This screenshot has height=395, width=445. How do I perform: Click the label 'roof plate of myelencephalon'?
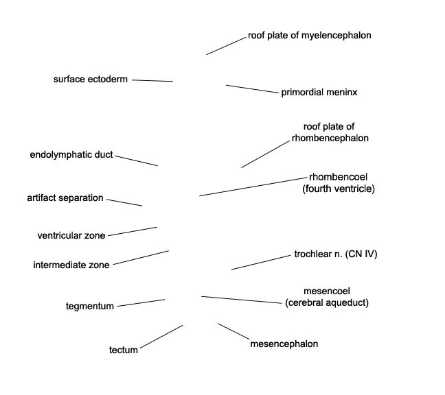tap(309, 36)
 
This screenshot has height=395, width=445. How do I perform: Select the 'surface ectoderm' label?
tap(91, 80)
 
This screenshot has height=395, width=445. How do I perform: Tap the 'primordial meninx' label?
tap(319, 93)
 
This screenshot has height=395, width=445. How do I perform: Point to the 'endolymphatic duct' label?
tap(71, 155)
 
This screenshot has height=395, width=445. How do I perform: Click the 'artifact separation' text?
tap(65, 197)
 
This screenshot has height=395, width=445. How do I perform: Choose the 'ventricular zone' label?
tap(71, 235)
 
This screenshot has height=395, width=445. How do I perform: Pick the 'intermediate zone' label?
tap(71, 265)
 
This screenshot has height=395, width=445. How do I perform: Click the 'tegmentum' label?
tap(90, 307)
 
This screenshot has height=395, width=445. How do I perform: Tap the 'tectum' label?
tap(124, 350)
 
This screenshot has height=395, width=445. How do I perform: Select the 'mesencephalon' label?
tap(284, 344)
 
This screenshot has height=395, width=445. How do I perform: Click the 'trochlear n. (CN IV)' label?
tap(336, 254)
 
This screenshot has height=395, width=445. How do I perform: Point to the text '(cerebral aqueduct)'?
tap(327, 303)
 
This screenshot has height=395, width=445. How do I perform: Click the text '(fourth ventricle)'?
tap(339, 189)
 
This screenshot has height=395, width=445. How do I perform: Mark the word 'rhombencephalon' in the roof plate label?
tap(330, 139)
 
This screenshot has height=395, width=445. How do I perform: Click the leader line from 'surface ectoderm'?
tap(152, 81)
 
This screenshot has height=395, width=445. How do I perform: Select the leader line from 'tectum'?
tap(161, 337)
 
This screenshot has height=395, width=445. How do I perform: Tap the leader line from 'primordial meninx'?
tap(252, 89)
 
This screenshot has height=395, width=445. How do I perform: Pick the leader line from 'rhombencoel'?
tap(253, 187)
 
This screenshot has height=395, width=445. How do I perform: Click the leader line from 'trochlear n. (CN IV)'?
tap(261, 263)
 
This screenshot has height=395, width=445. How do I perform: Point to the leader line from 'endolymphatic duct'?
tap(137, 160)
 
